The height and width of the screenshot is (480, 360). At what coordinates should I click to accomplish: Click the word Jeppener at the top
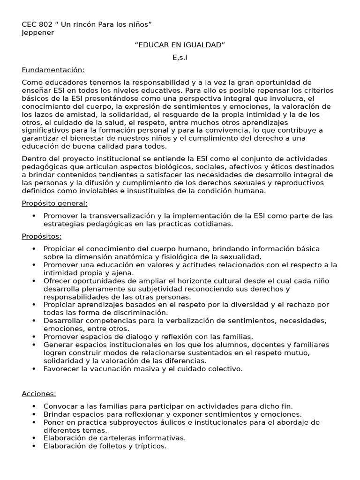click(38, 32)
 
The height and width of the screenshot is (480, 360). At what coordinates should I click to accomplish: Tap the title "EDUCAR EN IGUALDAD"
click(180, 45)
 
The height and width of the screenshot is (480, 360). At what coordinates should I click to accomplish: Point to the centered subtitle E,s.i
click(180, 57)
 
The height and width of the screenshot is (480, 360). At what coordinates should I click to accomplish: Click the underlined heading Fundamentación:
click(53, 70)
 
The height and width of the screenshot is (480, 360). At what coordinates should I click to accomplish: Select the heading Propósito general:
click(54, 203)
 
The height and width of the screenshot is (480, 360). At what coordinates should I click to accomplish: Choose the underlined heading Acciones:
click(39, 393)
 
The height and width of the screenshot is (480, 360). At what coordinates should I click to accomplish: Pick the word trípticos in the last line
click(149, 446)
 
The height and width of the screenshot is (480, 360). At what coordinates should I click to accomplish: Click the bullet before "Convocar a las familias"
click(34, 406)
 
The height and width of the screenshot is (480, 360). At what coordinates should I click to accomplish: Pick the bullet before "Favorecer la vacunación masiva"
click(34, 369)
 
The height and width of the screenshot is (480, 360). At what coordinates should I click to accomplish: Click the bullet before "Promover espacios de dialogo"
click(34, 337)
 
